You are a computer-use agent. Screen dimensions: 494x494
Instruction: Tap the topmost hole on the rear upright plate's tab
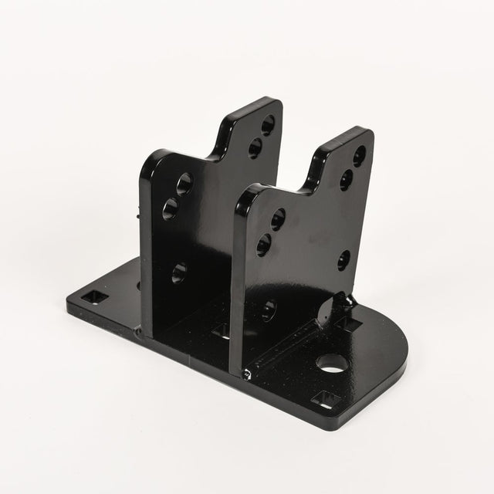click(268, 123)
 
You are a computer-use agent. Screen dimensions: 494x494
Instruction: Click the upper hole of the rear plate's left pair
click(186, 184)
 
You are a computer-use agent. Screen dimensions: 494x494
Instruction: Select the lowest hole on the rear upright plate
click(179, 271)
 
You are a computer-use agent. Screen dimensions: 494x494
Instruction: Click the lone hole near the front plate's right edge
click(344, 258)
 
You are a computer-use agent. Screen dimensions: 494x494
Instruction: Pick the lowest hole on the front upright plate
click(269, 310)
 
